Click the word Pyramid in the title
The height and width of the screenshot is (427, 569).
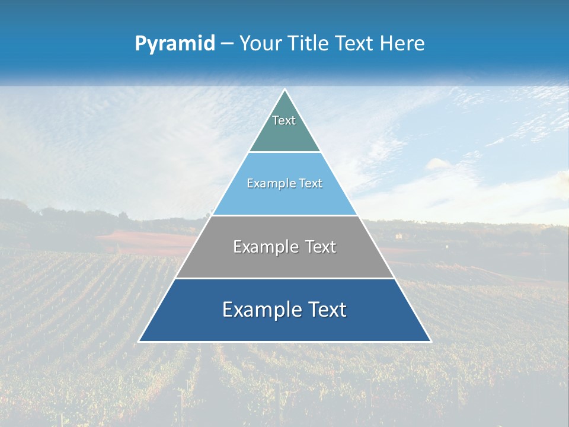coord(175,44)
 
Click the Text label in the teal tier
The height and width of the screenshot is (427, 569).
coord(284,120)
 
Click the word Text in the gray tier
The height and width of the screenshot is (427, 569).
coord(321,247)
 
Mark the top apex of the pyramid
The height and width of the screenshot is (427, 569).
coord(284,90)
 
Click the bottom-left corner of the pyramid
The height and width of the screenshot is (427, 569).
coord(139,341)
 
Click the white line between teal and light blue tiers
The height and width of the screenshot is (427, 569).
coord(284,152)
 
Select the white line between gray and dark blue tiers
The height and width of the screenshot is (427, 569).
coord(284,278)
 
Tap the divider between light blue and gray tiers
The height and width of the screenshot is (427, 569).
coord(284,215)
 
